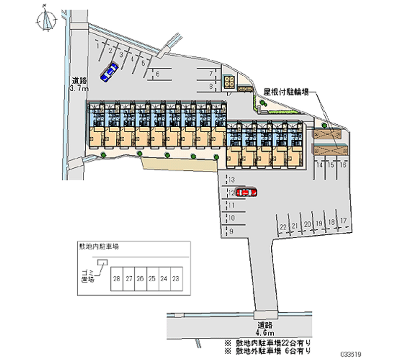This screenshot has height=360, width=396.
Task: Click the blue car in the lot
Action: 109,72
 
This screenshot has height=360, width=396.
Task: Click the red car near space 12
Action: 246,192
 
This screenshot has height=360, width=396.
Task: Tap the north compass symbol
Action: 47,20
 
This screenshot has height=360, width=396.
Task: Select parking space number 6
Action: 157,74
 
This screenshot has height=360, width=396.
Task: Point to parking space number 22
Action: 283,226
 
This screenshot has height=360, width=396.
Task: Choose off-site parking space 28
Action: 117,279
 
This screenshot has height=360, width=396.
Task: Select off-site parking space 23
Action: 175,279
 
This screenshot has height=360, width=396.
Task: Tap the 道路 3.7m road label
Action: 79,85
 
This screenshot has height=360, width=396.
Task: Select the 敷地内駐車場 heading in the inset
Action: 98,246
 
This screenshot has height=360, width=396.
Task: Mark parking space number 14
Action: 320,164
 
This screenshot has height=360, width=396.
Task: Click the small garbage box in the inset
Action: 102,262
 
